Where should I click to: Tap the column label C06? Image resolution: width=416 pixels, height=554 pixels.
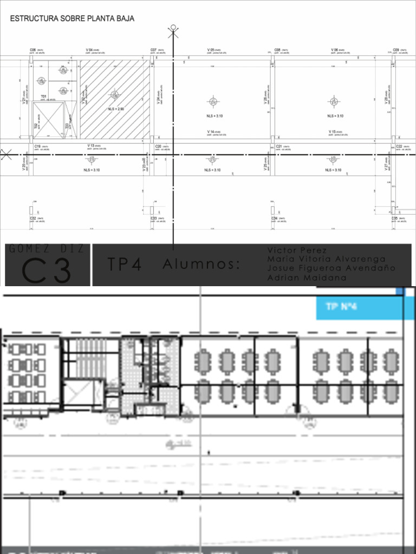click(x=33, y=50)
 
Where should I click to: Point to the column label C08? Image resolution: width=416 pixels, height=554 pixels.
click(x=277, y=50)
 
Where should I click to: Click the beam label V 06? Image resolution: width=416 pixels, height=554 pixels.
click(x=335, y=50)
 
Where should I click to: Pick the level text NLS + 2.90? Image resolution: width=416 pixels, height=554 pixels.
click(x=116, y=109)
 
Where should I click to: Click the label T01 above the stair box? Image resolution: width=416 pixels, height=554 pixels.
click(x=43, y=96)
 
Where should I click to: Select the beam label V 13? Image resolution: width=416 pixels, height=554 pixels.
click(x=91, y=146)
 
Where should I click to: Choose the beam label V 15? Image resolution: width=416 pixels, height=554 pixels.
click(x=333, y=131)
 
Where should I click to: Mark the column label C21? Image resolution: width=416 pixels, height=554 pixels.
click(x=278, y=146)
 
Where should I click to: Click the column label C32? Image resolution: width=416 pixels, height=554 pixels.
click(x=33, y=218)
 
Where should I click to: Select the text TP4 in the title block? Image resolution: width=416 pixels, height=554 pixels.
click(x=125, y=265)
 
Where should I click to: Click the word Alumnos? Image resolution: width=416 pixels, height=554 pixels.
click(x=201, y=265)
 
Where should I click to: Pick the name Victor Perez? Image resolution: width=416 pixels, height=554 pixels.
click(x=297, y=250)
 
